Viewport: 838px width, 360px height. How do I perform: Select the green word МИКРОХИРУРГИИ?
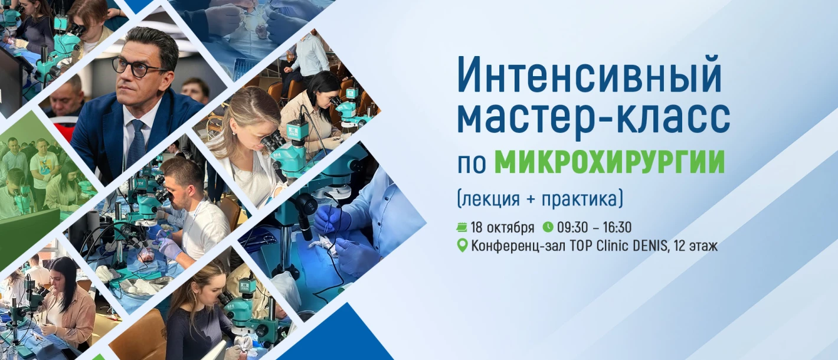pyautogui.click(x=610, y=162)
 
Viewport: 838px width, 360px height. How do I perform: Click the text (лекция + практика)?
pyautogui.click(x=540, y=199)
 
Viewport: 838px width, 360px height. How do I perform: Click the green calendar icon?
pyautogui.click(x=461, y=227)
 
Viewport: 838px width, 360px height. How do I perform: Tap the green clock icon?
pyautogui.click(x=548, y=227)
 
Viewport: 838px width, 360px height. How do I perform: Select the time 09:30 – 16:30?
pyautogui.click(x=594, y=228)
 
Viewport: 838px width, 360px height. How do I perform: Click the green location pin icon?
pyautogui.click(x=462, y=246)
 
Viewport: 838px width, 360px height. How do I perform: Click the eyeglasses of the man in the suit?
pyautogui.click(x=138, y=68)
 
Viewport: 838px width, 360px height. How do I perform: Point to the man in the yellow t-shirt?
pyautogui.click(x=44, y=168)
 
